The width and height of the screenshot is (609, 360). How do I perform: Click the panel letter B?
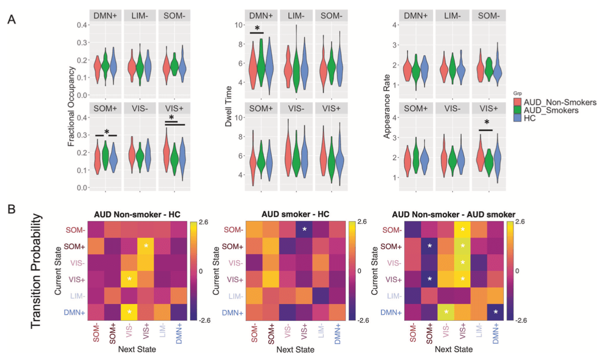pyautogui.click(x=11, y=211)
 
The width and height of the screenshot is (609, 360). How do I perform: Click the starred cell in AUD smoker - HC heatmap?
pyautogui.click(x=304, y=230)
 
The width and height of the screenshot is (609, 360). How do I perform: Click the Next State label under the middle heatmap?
pyautogui.click(x=294, y=350)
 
